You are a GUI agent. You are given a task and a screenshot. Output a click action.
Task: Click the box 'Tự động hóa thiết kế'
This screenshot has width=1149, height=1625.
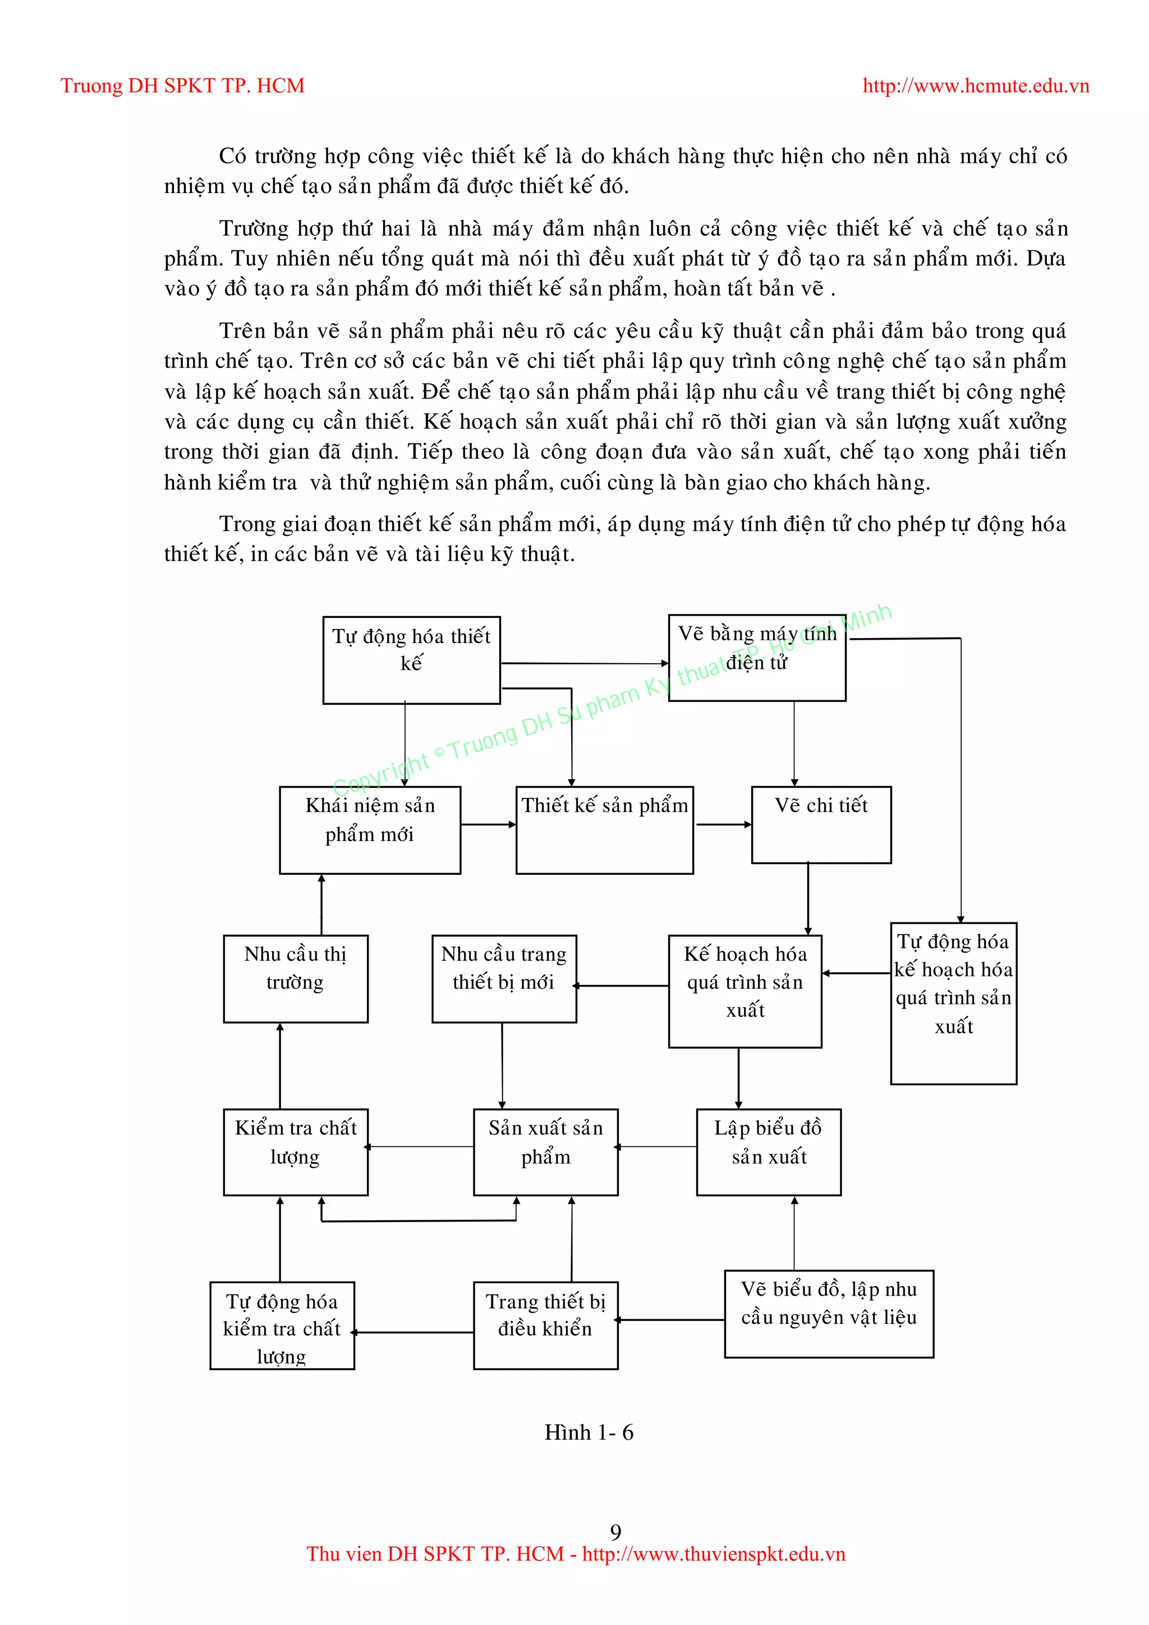[411, 660]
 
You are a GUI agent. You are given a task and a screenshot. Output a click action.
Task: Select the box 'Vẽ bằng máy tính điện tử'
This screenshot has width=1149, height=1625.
[756, 658]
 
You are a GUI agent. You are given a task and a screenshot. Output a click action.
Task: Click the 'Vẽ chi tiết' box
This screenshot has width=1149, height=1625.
[821, 824]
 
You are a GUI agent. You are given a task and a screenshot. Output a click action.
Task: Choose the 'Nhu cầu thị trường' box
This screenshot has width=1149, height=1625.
[295, 978]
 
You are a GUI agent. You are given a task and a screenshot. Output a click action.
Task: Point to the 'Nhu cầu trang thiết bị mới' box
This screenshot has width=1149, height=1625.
[504, 978]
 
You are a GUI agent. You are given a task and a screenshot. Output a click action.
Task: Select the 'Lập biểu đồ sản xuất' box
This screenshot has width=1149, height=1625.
[769, 1151]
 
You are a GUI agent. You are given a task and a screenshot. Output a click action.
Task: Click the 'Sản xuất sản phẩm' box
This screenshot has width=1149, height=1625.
[545, 1151]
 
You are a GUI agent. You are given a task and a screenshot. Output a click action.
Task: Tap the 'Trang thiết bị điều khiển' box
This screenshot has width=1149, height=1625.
[545, 1325]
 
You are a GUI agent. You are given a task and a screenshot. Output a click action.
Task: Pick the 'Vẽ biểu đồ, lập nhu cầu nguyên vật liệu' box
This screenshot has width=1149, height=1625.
[829, 1314]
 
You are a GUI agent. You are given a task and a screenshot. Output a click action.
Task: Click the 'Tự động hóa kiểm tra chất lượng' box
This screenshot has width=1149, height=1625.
[282, 1325]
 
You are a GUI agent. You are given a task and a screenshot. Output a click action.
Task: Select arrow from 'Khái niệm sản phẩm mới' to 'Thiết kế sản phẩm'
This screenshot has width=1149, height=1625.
[488, 824]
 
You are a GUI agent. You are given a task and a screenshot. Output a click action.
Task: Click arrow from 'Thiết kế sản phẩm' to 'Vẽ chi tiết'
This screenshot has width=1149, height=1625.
[723, 824]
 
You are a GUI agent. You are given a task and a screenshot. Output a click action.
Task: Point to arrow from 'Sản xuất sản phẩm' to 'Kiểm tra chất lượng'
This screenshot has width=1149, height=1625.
[421, 1146]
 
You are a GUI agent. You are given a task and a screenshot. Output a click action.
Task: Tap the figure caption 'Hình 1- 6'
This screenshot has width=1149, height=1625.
[589, 1433]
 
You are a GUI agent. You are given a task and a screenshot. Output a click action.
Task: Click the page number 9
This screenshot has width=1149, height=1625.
[615, 1532]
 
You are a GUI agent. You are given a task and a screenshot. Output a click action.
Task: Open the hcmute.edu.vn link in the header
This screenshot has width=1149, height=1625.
[976, 86]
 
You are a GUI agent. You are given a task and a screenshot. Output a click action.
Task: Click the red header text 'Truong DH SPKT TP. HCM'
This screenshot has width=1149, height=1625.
[182, 86]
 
